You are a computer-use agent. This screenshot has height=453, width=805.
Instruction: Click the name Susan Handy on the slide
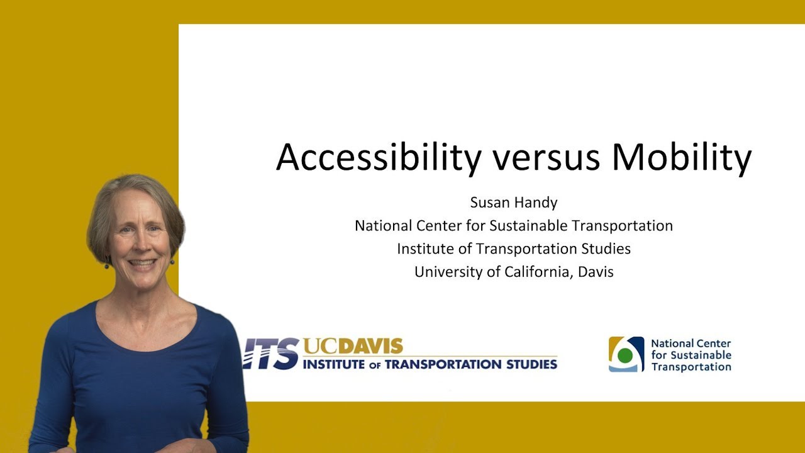[x=514, y=203]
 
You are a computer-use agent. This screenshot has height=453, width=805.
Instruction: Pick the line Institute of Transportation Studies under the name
[x=514, y=249]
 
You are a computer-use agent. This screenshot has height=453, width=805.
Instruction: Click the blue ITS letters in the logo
[x=272, y=353]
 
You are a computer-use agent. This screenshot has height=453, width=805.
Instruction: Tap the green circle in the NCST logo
[x=625, y=355]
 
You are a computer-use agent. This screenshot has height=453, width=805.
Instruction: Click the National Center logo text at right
[x=691, y=355]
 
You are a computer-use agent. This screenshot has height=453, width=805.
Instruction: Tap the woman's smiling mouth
[x=141, y=263]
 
